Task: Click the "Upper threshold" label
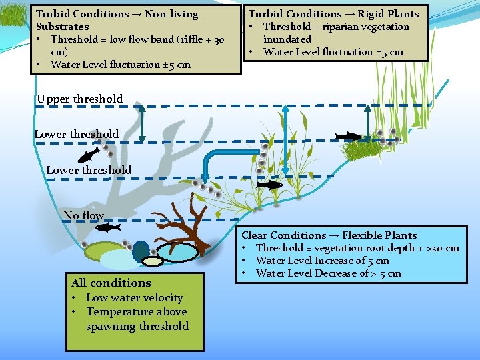(x=80, y=99)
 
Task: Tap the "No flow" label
(x=84, y=215)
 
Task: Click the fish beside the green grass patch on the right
(x=347, y=137)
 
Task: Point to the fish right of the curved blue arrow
(x=269, y=185)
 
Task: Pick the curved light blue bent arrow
(x=227, y=160)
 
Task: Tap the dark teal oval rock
(x=141, y=251)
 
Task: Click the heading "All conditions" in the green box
(x=111, y=283)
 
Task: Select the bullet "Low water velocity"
(x=134, y=297)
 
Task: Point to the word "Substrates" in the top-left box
(x=62, y=27)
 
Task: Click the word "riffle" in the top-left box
(x=181, y=39)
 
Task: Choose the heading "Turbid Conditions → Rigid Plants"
(x=333, y=13)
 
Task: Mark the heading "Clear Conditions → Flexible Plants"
(x=329, y=235)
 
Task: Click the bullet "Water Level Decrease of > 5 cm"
(x=328, y=273)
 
